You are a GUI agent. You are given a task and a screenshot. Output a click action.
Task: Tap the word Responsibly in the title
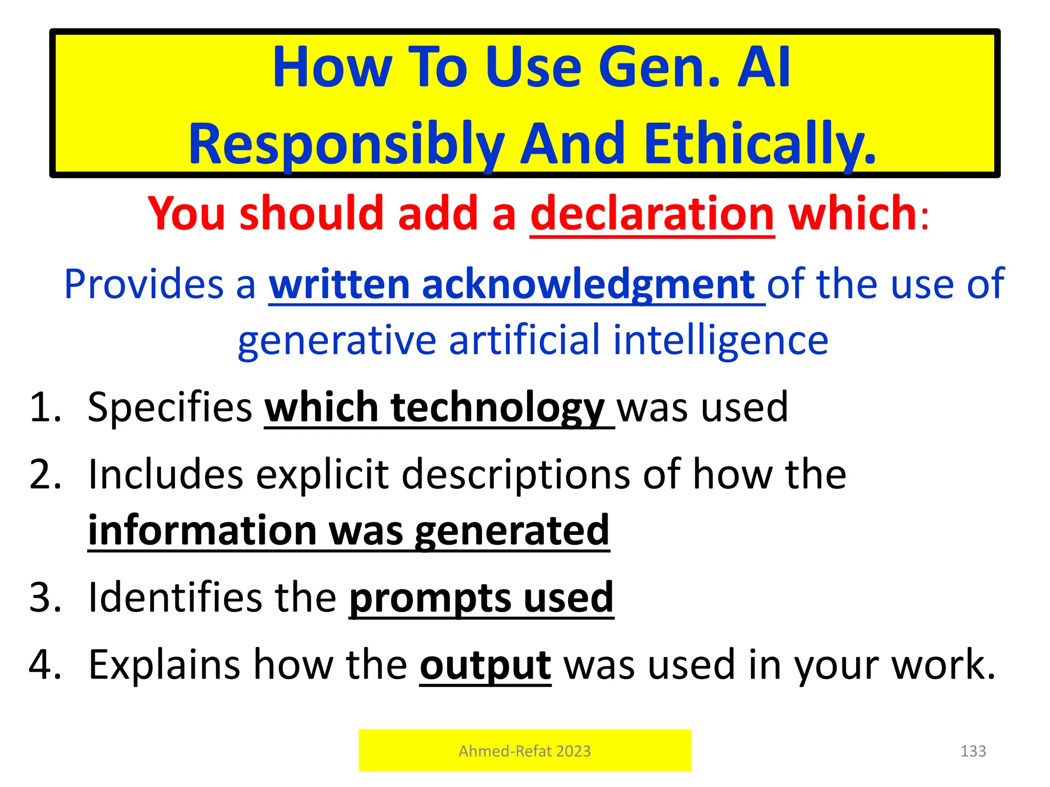[347, 144]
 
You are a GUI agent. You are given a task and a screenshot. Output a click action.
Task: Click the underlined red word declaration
[652, 214]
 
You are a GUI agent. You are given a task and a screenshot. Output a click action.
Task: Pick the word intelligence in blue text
[720, 340]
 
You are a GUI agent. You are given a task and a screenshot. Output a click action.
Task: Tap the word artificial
[524, 340]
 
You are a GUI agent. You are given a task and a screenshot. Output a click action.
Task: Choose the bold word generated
[512, 531]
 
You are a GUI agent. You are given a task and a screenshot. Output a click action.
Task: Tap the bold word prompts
[430, 597]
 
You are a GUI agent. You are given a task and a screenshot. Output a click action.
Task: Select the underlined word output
[485, 665]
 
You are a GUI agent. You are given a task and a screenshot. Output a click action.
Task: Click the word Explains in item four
[164, 665]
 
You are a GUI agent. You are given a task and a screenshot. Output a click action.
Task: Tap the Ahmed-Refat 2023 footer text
[524, 751]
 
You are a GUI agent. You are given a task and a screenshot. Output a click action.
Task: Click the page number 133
[973, 751]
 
